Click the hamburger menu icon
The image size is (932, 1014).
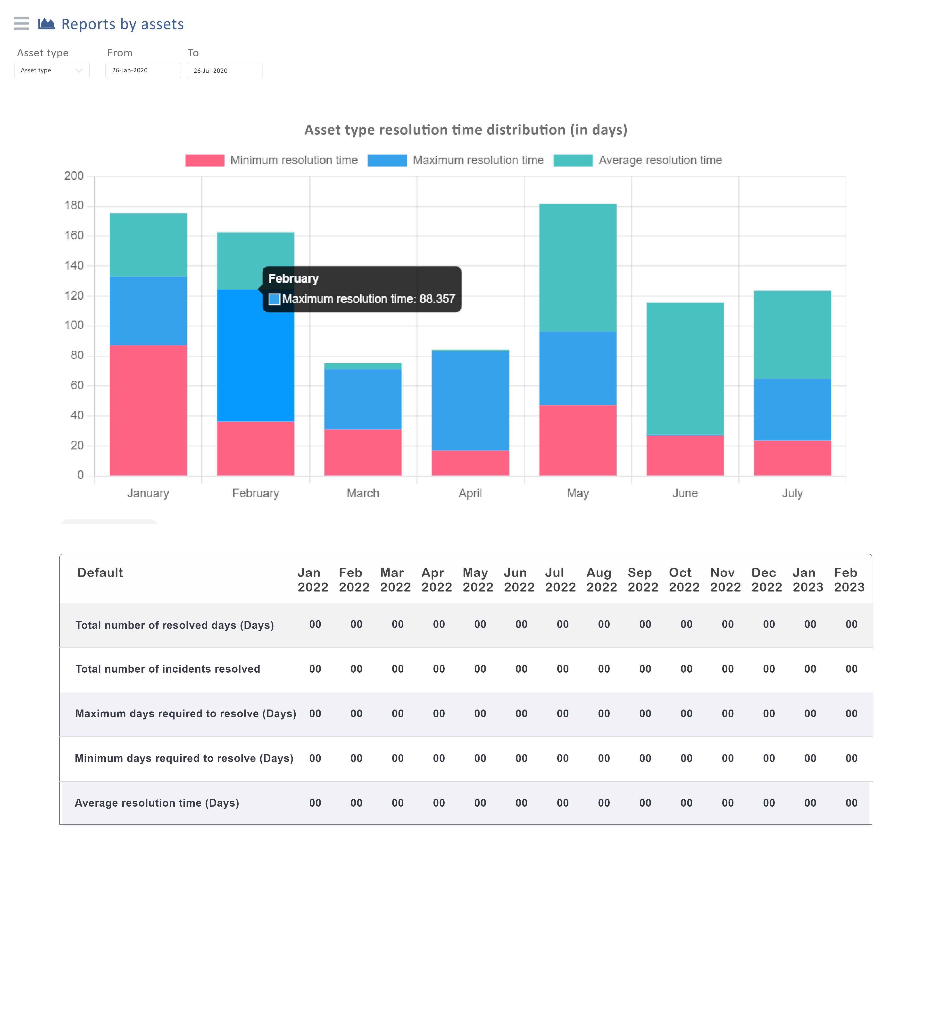21,24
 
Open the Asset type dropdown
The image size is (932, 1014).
51,71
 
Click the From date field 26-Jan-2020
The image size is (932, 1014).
143,71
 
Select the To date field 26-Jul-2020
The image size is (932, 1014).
225,71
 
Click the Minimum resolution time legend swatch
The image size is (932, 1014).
205,161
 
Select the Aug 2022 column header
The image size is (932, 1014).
602,580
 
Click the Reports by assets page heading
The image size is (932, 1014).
123,24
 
